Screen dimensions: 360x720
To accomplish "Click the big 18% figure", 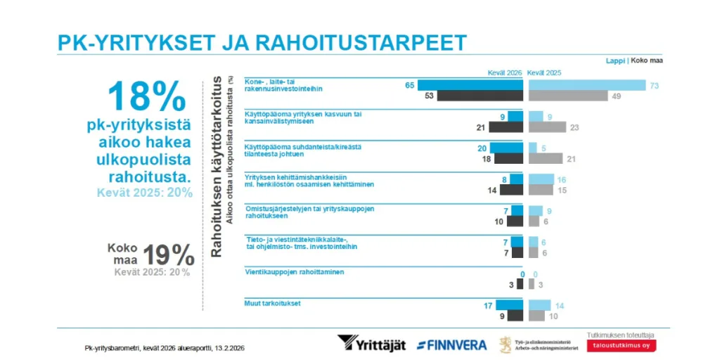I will tap(147, 96).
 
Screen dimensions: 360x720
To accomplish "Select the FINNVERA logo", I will tap(452, 345).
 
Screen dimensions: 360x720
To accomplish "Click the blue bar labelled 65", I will tap(470, 85).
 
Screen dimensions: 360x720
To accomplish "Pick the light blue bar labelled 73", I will tap(586, 85).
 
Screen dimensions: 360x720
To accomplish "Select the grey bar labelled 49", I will tap(568, 96).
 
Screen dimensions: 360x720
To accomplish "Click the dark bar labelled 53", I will tap(480, 96).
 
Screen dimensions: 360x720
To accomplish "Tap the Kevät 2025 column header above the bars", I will tap(544, 72).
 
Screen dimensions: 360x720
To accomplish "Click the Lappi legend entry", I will tap(615, 60).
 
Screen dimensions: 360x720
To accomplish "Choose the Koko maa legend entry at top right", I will tap(648, 60).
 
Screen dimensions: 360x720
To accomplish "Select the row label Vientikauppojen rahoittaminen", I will tap(294, 271).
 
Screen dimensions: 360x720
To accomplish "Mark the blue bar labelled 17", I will tap(509, 305).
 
